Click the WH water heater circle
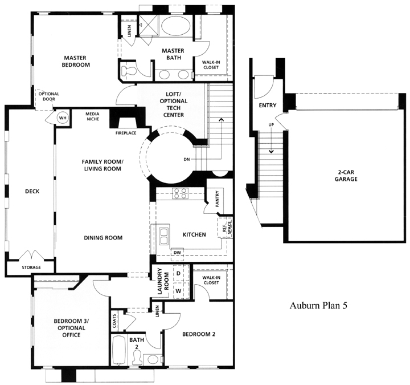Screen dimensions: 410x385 (63, 118)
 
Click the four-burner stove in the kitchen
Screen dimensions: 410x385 (180, 193)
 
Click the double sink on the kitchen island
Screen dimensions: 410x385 (164, 236)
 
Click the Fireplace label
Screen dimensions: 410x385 (126, 133)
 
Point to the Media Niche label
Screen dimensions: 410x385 (93, 116)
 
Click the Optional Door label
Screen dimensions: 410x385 (49, 96)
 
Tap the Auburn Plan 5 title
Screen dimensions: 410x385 (318, 305)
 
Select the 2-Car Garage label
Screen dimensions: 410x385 (346, 176)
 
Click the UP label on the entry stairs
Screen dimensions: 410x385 (271, 125)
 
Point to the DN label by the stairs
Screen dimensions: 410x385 (187, 159)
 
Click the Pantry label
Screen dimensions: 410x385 (218, 198)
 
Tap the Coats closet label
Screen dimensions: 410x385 (114, 321)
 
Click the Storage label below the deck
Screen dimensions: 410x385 (31, 268)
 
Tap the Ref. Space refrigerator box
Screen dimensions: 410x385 (225, 228)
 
